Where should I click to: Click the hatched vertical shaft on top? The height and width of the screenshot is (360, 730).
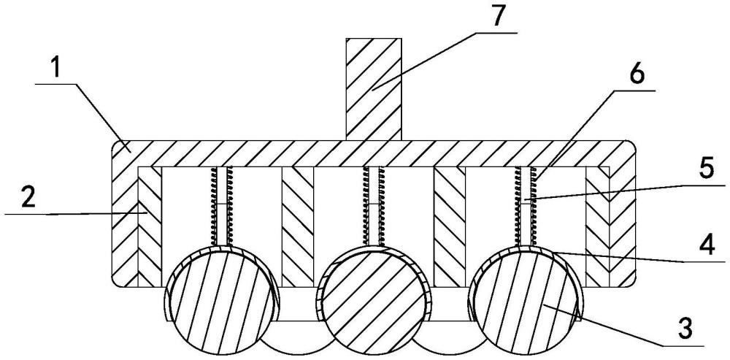(373, 89)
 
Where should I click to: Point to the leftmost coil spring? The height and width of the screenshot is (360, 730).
(222, 205)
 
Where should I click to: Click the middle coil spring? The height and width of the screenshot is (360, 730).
(374, 205)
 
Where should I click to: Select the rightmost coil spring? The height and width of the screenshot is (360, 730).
(526, 205)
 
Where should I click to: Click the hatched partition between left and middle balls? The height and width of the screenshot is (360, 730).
(298, 227)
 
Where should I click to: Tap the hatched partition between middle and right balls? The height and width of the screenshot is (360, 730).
(449, 227)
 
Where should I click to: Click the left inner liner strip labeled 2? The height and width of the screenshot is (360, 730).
(150, 227)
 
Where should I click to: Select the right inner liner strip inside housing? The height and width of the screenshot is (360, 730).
(597, 227)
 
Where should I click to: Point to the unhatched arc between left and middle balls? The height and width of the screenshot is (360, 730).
(297, 336)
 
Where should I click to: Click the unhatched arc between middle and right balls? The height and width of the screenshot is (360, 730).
(449, 336)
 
